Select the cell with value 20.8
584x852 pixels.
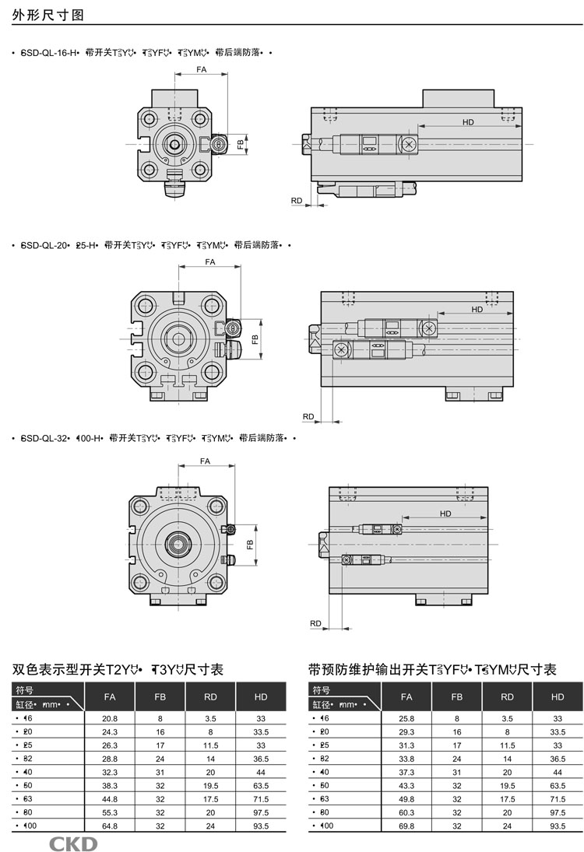[x=110, y=718]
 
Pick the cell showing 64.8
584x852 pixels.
[x=110, y=826]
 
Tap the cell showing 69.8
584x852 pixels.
[x=406, y=826]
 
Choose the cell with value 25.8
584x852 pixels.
[x=406, y=718]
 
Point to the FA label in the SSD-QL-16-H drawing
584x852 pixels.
[x=200, y=70]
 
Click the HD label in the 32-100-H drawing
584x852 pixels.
[x=445, y=514]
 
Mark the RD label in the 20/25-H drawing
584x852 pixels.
[x=308, y=417]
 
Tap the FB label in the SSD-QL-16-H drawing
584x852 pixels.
[x=241, y=144]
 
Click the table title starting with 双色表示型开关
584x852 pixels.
[x=118, y=669]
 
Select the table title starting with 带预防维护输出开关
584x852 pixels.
[x=432, y=669]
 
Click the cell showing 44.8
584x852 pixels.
[x=110, y=798]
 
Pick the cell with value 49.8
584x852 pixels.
[x=406, y=798]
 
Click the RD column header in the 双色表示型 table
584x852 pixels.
[x=210, y=696]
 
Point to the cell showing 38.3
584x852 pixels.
[x=110, y=785]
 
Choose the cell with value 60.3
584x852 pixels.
[x=406, y=812]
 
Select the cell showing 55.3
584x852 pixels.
[x=110, y=812]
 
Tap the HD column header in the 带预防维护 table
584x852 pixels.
[x=558, y=696]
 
